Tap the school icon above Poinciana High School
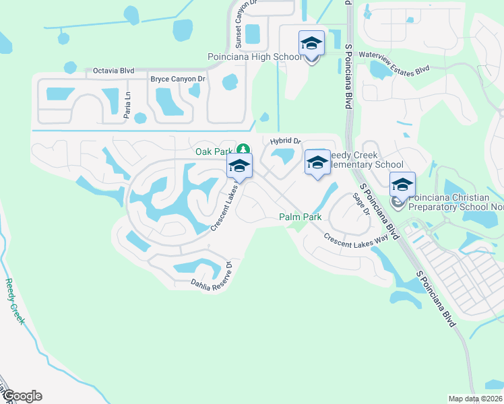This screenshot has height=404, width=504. (311, 43)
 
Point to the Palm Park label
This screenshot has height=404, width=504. (300, 217)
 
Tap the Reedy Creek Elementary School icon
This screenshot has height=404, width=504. (317, 162)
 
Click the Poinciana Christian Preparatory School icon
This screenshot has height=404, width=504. (402, 185)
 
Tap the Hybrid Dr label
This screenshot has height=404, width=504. (285, 141)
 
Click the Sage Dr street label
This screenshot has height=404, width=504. (362, 204)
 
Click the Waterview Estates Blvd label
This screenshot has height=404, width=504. (394, 61)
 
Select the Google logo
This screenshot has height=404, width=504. (22, 396)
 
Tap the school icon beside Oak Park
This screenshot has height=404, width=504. (239, 166)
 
